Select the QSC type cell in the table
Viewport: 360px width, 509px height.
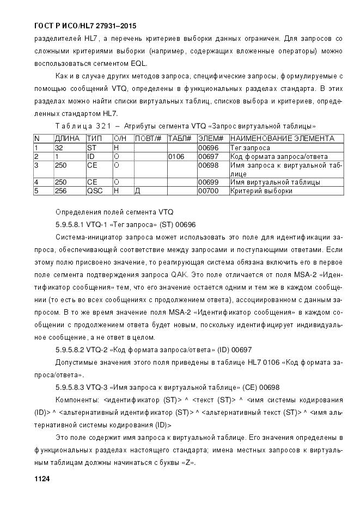click(x=94, y=191)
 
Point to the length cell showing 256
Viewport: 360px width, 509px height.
click(x=61, y=191)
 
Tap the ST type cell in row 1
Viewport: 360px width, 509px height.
click(x=91, y=148)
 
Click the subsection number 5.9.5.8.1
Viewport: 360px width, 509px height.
click(x=73, y=224)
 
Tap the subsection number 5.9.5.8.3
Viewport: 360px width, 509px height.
click(x=74, y=388)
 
